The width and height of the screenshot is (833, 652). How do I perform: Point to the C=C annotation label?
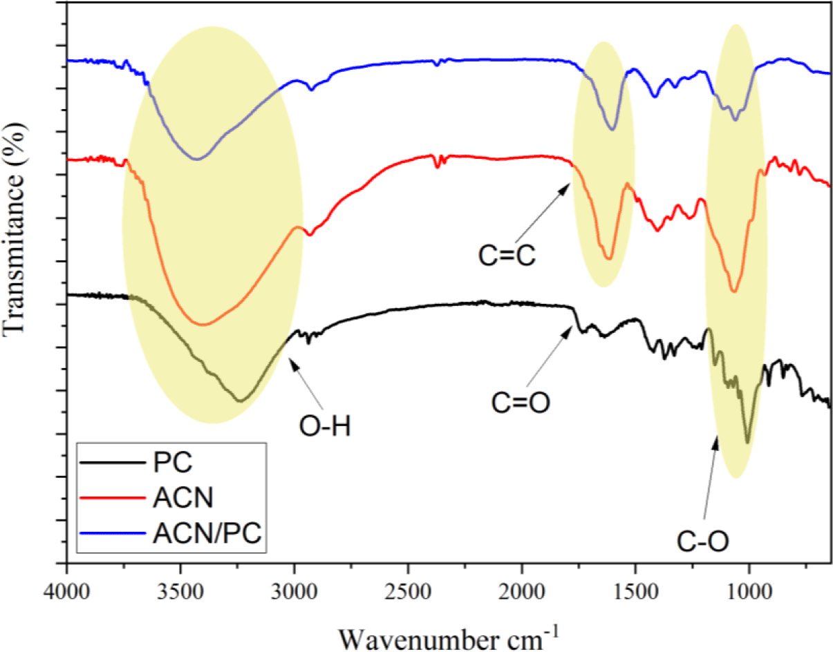coord(508,257)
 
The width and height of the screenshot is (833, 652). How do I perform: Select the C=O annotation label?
coord(521,402)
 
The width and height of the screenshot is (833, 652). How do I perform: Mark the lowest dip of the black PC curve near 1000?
coord(748,442)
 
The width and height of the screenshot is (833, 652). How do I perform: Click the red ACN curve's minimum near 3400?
coord(203,325)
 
